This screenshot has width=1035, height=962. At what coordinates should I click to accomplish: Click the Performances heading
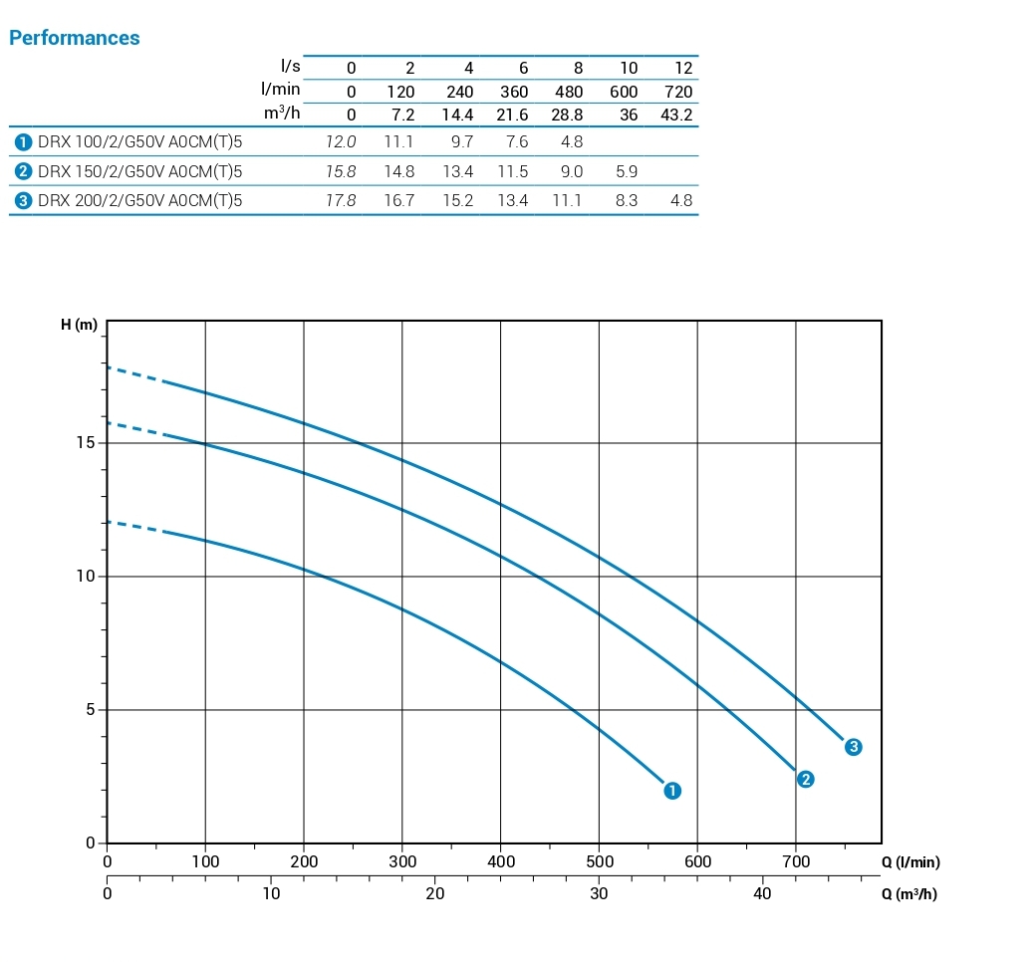coord(75,39)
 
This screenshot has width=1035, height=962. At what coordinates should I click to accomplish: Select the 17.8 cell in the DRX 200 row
coord(341,200)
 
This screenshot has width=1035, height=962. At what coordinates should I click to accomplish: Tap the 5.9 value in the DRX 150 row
coord(627,171)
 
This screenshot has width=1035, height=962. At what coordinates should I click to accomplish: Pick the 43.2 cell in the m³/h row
coord(676,115)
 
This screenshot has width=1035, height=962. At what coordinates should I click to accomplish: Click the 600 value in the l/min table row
coord(624,92)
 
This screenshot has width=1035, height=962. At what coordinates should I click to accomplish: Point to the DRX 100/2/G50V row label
coord(139,142)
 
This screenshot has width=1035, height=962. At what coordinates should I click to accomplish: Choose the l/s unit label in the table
coord(291,67)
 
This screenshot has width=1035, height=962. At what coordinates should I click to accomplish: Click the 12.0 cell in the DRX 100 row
coord(341,142)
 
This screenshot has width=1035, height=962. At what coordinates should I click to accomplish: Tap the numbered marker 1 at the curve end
coord(672,791)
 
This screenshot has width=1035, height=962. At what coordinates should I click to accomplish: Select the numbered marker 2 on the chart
coord(806,780)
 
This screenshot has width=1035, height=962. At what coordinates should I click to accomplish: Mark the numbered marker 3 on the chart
coord(853,747)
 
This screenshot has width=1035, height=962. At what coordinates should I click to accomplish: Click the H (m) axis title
coord(80,326)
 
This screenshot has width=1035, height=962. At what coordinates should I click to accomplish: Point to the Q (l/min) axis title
coord(910,862)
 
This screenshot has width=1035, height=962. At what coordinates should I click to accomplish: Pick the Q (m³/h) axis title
coord(908,894)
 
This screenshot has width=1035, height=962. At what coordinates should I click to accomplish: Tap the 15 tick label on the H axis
coord(88,442)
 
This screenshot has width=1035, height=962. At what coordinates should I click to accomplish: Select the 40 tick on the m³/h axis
coord(762,894)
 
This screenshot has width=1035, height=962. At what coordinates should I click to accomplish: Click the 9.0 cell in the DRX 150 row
coord(570,171)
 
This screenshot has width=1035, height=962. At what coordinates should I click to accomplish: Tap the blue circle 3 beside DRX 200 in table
coord(23,200)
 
